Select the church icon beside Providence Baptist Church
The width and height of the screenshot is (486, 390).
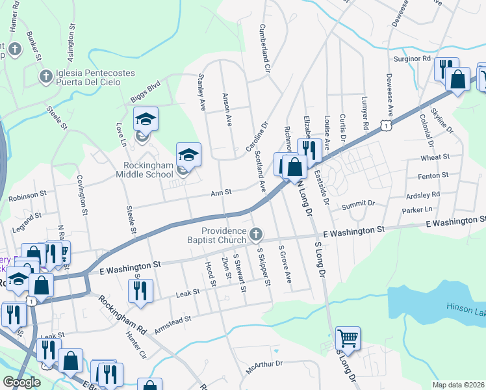point(257,233)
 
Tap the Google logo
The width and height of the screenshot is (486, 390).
point(21,382)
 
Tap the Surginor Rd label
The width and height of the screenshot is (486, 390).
point(413,58)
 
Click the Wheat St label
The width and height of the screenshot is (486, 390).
point(435,157)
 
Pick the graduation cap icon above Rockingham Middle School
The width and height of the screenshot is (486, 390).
point(188,154)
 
